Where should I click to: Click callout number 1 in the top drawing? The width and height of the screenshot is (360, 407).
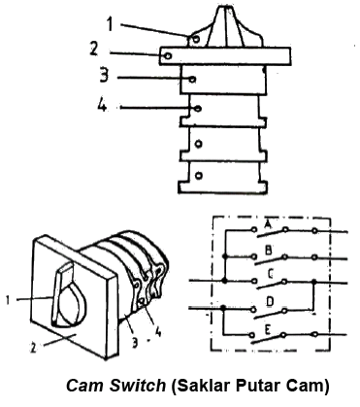coord(111,24)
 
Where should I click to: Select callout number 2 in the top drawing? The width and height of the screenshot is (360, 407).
coord(93,49)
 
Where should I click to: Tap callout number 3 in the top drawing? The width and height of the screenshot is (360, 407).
coord(104,75)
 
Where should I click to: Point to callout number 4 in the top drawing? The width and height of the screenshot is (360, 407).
coord(102,104)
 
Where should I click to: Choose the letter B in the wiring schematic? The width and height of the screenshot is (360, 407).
coord(268,250)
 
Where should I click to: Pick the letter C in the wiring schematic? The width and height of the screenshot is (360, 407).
coord(271,274)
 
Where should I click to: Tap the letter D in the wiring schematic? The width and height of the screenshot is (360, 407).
coord(270,301)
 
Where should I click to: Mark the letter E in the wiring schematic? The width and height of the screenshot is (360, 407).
coord(268,329)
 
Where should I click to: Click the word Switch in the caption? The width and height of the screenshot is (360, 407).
coord(138,385)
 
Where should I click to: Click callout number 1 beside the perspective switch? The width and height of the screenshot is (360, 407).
coord(8,299)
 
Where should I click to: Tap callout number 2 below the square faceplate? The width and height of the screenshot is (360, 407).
coord(33,348)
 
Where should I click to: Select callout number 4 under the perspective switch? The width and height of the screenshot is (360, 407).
coord(157,332)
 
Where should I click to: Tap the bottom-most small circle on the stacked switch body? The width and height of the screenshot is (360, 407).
coord(199,175)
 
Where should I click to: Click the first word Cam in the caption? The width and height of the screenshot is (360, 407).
coord(85,386)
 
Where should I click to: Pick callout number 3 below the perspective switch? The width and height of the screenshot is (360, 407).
coord(135,342)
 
